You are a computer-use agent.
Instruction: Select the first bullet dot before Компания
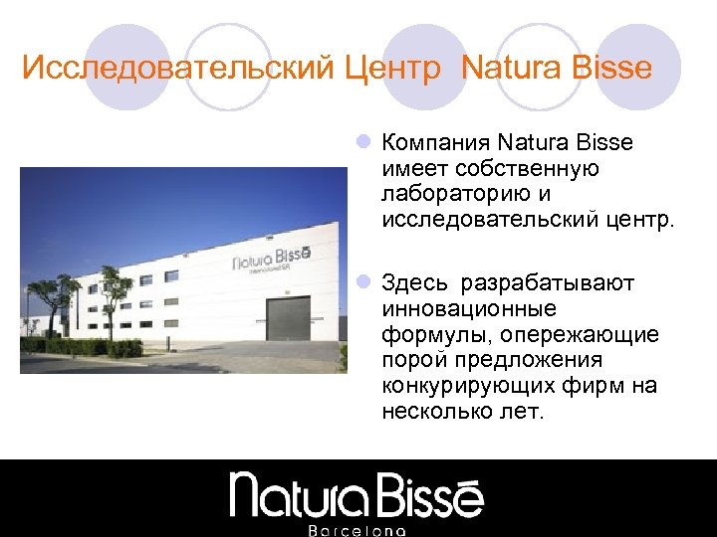364,143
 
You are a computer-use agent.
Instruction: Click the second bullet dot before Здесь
364,284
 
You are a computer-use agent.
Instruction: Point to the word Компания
435,143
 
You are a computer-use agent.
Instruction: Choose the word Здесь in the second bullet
416,284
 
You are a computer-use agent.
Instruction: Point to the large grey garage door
288,319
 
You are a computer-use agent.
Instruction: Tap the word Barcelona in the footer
358,530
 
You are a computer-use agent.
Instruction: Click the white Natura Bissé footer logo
358,494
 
